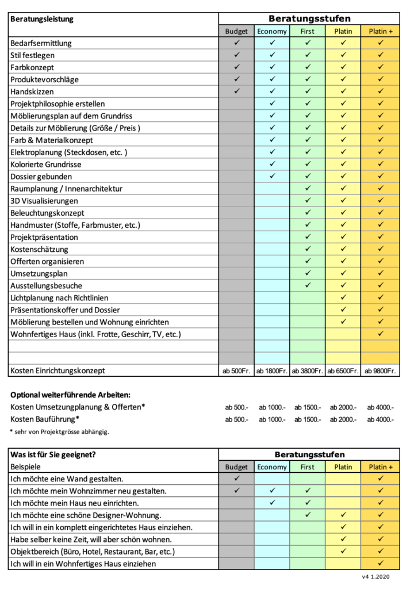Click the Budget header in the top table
coord(236,31)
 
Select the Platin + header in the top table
coord(380,31)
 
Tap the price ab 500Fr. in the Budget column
coord(236,371)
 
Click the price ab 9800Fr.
coord(380,371)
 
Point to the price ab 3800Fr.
coord(308,371)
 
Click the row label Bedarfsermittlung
coord(41,43)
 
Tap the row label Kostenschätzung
coord(39,249)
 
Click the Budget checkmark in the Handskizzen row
coord(236,91)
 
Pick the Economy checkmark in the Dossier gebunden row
coord(272,176)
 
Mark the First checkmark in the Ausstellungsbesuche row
coord(308,285)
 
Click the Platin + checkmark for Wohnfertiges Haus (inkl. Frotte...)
coord(380,334)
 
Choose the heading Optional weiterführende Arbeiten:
coord(70,395)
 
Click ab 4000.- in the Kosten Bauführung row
coord(380,419)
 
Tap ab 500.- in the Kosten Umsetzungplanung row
coord(236,407)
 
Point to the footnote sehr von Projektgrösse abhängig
coord(59,431)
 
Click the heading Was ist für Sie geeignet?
coord(53,455)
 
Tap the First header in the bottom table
coord(308,467)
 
